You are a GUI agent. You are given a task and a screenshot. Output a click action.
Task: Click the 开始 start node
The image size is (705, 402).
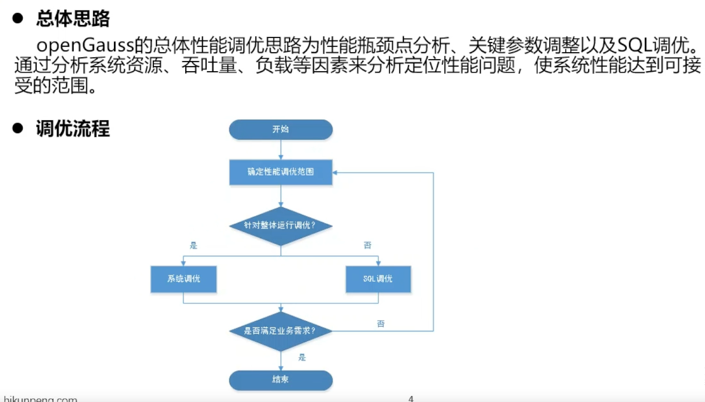(281, 130)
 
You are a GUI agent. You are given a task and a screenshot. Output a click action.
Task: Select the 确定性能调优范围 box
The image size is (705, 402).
(281, 172)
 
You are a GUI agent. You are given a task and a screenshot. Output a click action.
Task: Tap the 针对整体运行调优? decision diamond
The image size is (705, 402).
(281, 226)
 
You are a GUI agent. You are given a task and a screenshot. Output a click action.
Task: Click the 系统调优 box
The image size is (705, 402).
(183, 279)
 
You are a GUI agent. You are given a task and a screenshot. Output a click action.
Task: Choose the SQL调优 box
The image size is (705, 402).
(378, 279)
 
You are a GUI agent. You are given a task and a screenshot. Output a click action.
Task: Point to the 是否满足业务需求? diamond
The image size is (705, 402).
(281, 331)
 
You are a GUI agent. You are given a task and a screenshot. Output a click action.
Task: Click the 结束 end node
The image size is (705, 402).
(281, 380)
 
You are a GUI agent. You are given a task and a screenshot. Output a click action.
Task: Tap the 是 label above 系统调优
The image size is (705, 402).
(194, 246)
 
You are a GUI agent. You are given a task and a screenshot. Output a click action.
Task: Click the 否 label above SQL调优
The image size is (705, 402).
(367, 245)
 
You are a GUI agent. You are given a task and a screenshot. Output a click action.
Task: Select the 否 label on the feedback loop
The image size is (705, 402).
(381, 324)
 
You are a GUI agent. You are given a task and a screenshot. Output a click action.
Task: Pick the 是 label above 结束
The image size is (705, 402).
(302, 358)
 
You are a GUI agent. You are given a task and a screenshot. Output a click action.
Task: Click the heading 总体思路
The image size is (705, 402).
(73, 19)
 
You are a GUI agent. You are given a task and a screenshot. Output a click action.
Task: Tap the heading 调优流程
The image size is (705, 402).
(73, 129)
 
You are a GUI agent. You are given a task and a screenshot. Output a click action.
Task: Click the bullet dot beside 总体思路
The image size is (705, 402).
(18, 18)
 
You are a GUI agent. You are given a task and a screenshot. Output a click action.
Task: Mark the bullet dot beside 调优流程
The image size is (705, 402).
(18, 128)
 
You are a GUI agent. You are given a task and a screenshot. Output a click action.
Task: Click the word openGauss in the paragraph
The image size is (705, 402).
(85, 45)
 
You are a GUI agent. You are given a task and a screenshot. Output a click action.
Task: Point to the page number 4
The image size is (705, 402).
(411, 398)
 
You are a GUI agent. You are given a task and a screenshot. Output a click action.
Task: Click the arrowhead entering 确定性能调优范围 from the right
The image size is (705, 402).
(335, 173)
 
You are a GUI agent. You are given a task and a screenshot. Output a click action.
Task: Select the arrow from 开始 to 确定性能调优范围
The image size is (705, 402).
(281, 149)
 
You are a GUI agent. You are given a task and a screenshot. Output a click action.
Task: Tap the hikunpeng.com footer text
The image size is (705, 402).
(41, 399)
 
